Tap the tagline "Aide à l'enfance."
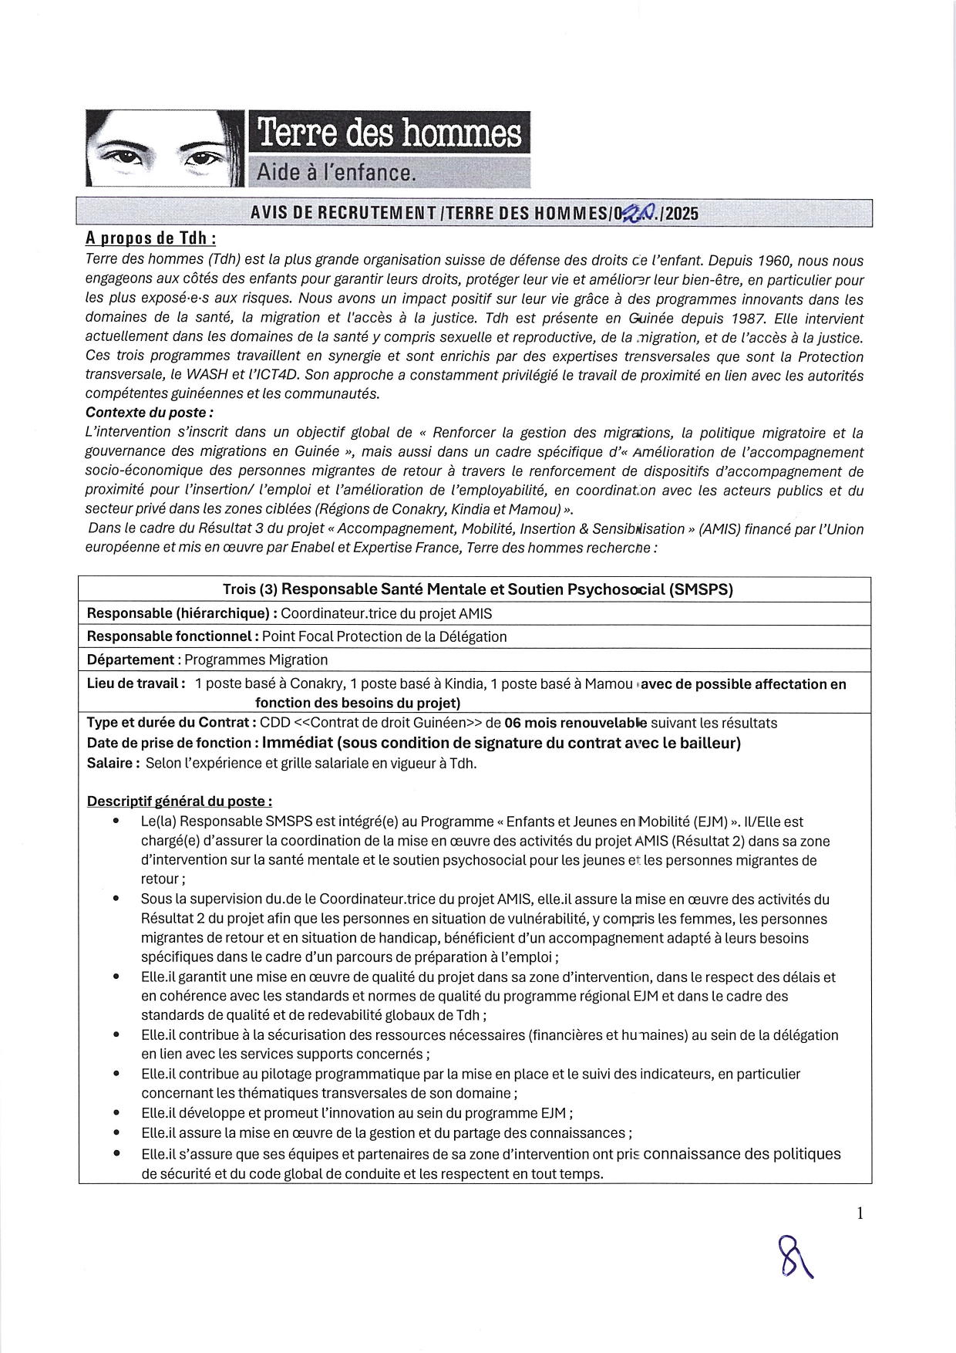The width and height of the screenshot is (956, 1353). [x=336, y=172]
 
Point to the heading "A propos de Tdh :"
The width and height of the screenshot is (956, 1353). [x=150, y=239]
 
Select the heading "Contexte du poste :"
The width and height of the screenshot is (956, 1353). [x=150, y=413]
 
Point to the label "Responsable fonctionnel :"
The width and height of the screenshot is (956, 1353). [x=172, y=636]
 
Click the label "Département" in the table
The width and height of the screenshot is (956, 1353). [x=130, y=660]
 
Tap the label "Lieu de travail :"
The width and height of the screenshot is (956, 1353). [x=136, y=683]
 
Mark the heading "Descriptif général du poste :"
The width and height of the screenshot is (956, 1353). [x=179, y=801]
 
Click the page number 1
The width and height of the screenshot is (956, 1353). [x=860, y=1213]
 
